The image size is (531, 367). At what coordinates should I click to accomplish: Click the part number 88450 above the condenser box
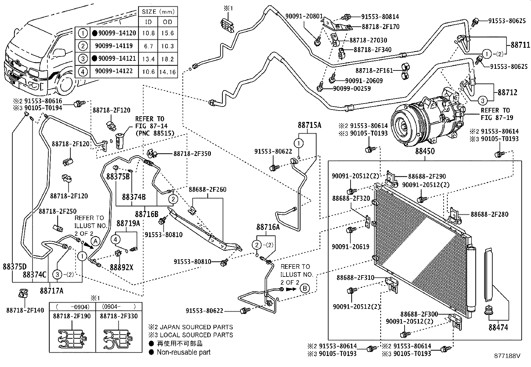(425, 151)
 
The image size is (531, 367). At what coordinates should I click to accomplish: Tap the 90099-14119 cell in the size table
(114, 46)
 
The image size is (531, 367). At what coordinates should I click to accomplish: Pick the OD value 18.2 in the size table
(167, 59)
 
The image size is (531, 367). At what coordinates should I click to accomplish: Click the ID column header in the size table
(149, 22)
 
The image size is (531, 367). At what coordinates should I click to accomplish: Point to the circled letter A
(95, 240)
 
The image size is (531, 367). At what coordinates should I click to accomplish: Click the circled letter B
(305, 289)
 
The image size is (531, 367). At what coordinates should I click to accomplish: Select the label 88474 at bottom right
(498, 328)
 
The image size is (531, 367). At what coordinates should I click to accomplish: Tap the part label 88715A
(309, 125)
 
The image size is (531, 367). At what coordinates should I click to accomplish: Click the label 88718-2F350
(192, 154)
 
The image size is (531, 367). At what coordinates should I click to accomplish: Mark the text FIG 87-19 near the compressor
(497, 117)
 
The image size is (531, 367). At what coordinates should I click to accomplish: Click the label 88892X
(121, 267)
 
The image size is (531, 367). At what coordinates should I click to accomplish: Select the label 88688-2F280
(490, 214)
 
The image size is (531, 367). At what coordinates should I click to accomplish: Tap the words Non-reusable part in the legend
(184, 352)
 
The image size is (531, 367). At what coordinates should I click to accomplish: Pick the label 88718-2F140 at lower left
(25, 310)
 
